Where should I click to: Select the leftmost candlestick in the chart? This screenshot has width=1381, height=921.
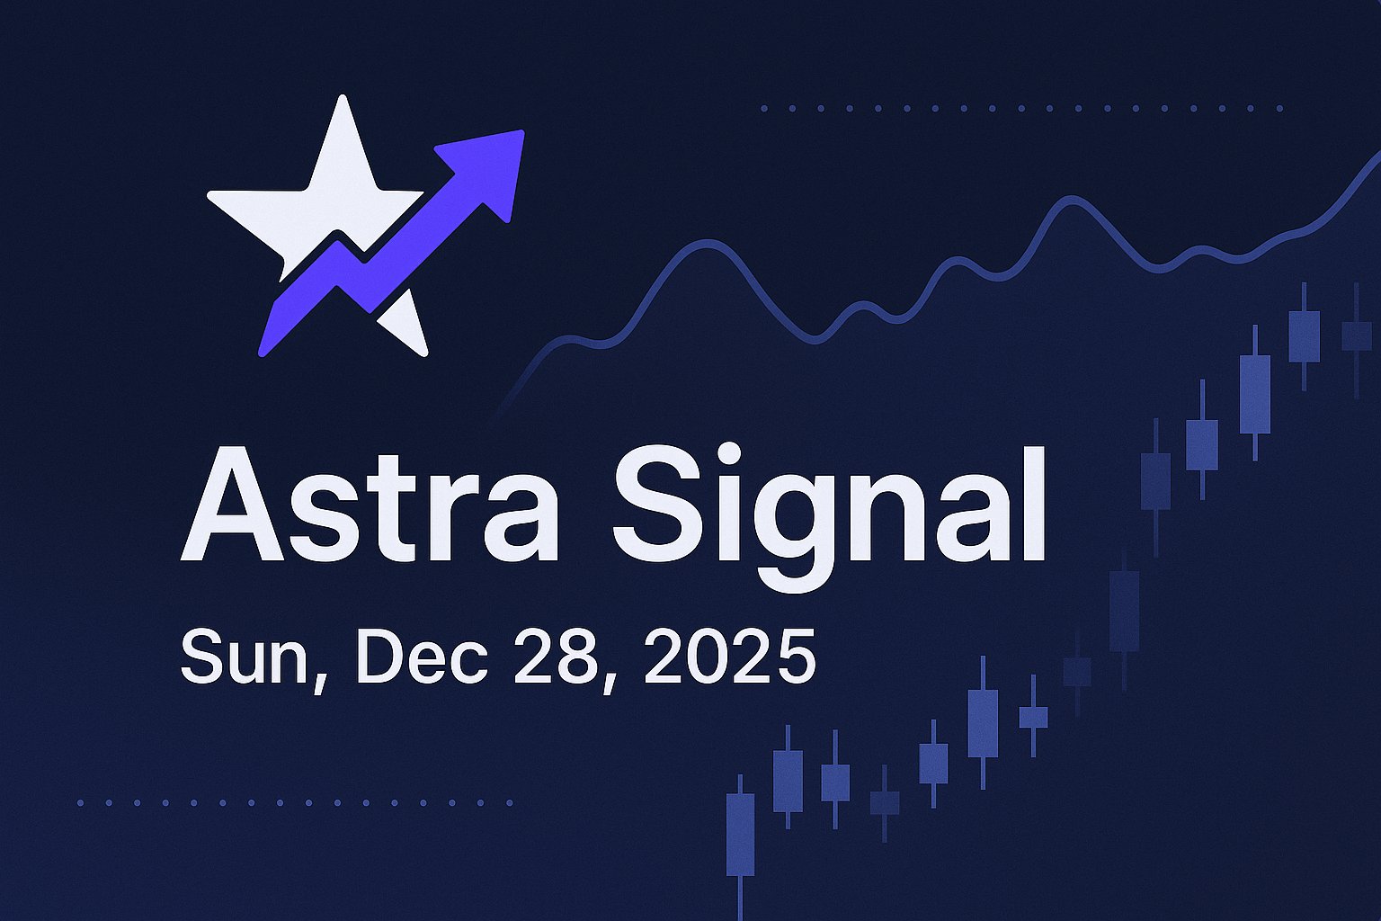[740, 833]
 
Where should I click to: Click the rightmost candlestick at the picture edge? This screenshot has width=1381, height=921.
[1357, 336]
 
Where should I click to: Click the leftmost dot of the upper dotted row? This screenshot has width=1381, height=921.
[764, 108]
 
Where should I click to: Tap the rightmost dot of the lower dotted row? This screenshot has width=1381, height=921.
[509, 802]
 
